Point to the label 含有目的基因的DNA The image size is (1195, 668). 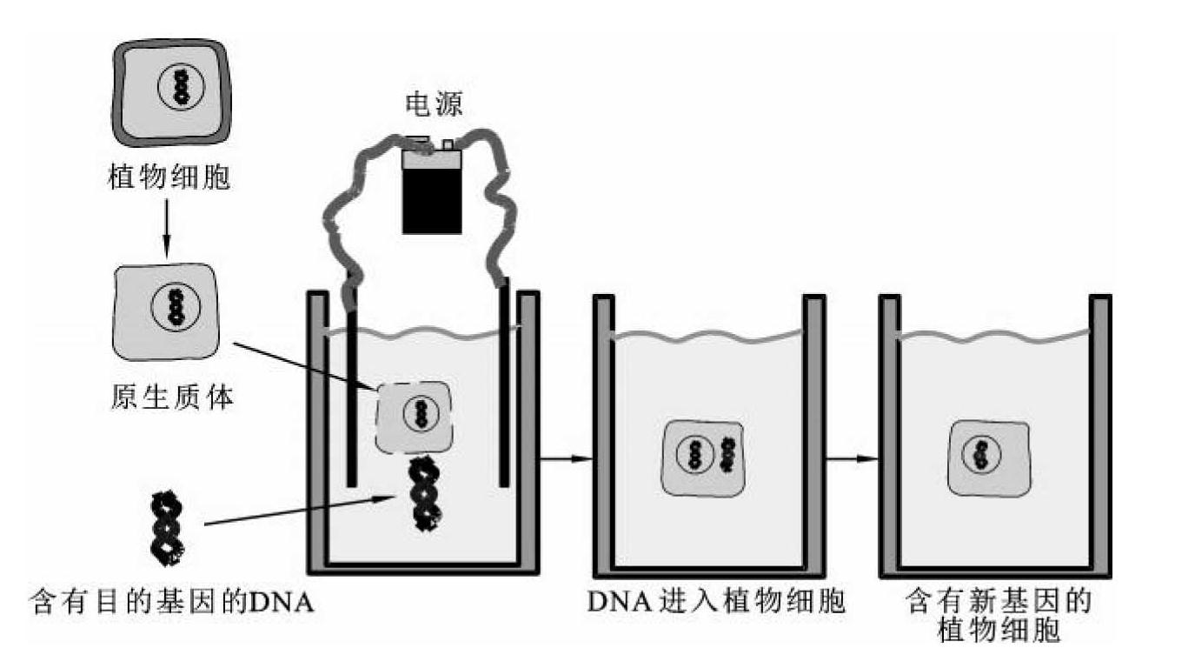click(x=172, y=601)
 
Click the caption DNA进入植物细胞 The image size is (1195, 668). click(x=715, y=602)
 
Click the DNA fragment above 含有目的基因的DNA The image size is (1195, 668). click(x=166, y=526)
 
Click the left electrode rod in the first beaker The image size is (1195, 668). click(x=351, y=391)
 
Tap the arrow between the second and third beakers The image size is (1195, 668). click(x=852, y=458)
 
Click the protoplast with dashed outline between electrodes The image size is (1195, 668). click(x=414, y=417)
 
